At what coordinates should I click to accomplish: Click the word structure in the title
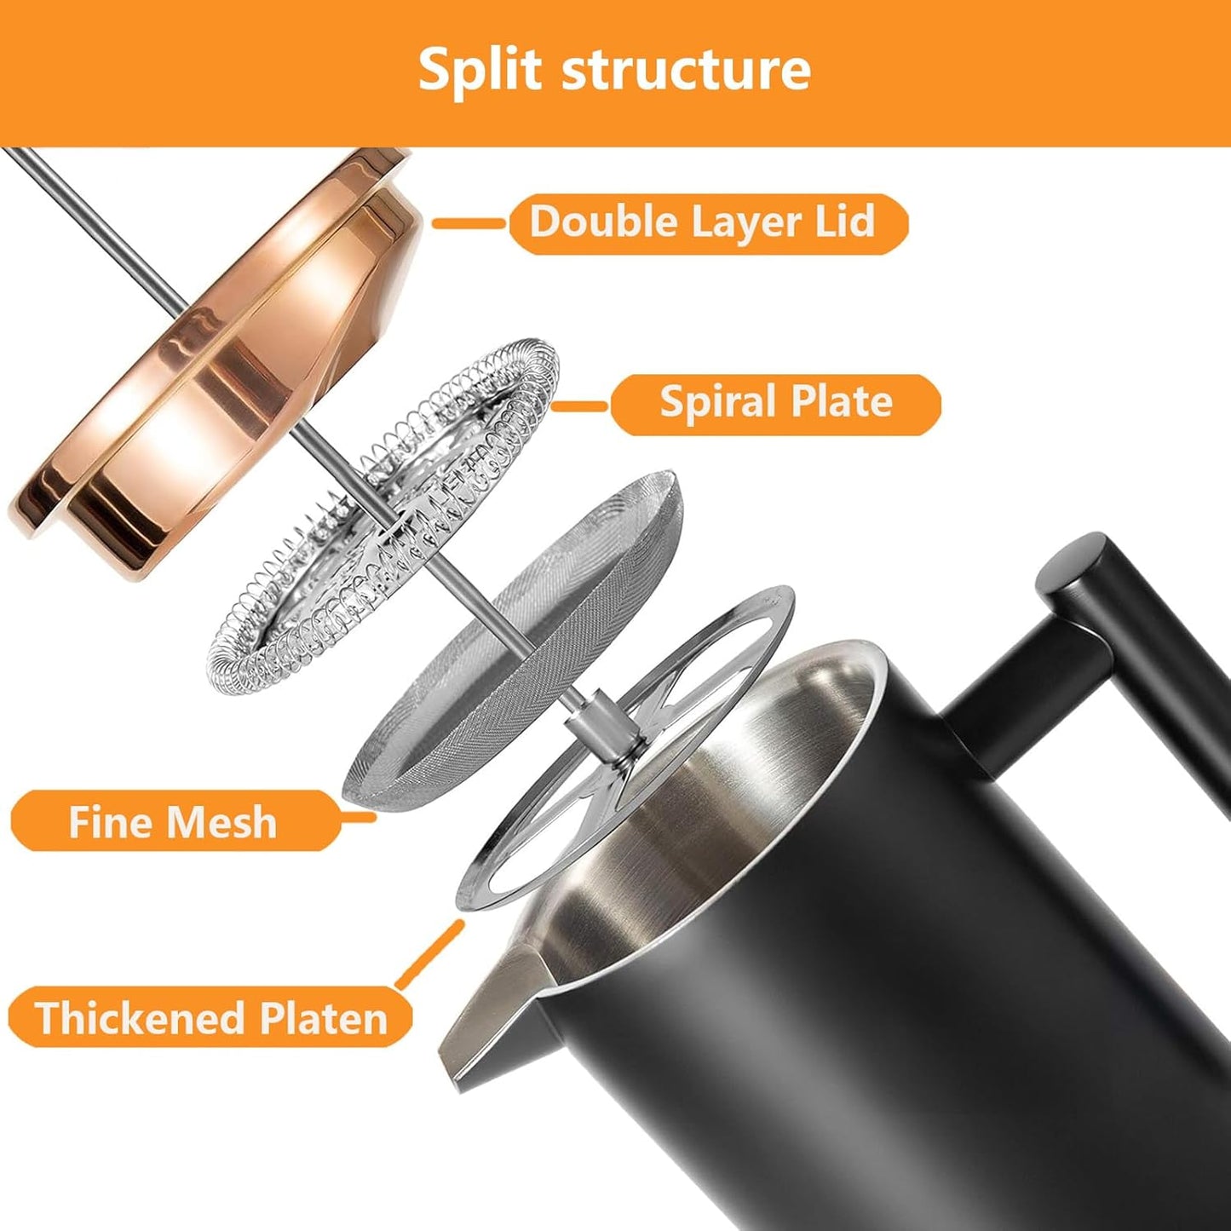point(687,70)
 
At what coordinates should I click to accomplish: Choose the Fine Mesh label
point(173,821)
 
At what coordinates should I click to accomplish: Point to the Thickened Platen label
point(211,1017)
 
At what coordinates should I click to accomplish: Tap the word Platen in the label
point(324,1017)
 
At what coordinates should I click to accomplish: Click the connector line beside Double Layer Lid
point(469,223)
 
